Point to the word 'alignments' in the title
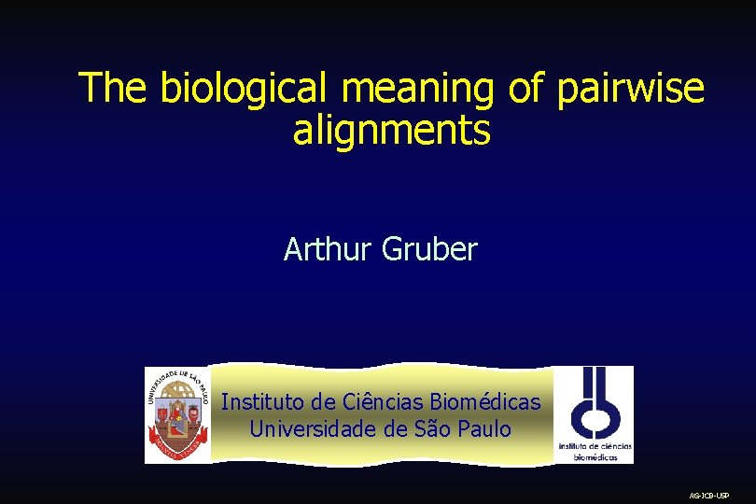point(391,132)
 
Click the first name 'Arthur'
point(328,250)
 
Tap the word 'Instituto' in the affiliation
point(260,402)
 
